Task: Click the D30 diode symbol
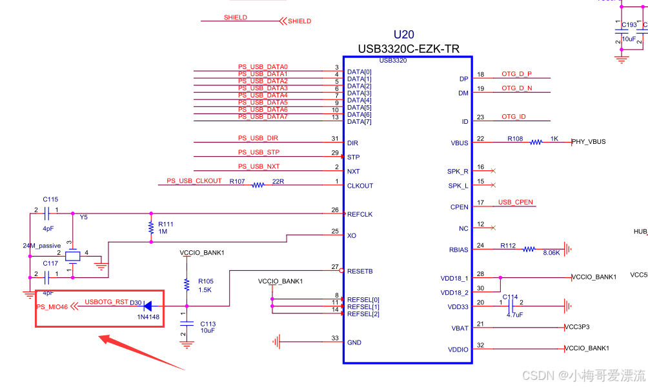point(147,306)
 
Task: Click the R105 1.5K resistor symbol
point(186,283)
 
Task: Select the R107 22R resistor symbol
point(258,185)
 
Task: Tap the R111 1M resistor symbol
point(151,227)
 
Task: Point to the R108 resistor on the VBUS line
point(536,142)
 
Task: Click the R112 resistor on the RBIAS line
point(529,249)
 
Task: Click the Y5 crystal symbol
point(73,257)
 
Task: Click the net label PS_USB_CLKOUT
point(194,181)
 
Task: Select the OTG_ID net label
point(514,117)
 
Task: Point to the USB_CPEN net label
point(516,203)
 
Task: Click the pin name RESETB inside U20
point(359,272)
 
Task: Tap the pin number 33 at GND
point(334,338)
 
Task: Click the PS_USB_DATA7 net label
point(263,117)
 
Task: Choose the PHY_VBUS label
point(589,142)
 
